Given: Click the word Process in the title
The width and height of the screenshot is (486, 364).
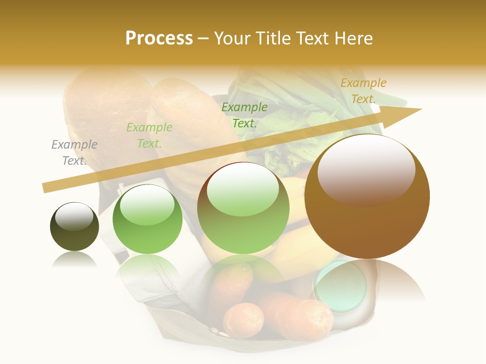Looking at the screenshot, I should tap(159, 38).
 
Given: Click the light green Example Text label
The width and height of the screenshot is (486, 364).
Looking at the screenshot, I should tap(149, 135).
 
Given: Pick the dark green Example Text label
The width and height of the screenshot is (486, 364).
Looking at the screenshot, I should tap(245, 115).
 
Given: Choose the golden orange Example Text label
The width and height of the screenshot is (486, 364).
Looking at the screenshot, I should tap(363, 91).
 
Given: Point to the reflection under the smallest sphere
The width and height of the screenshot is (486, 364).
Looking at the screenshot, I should tap(74, 259).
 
